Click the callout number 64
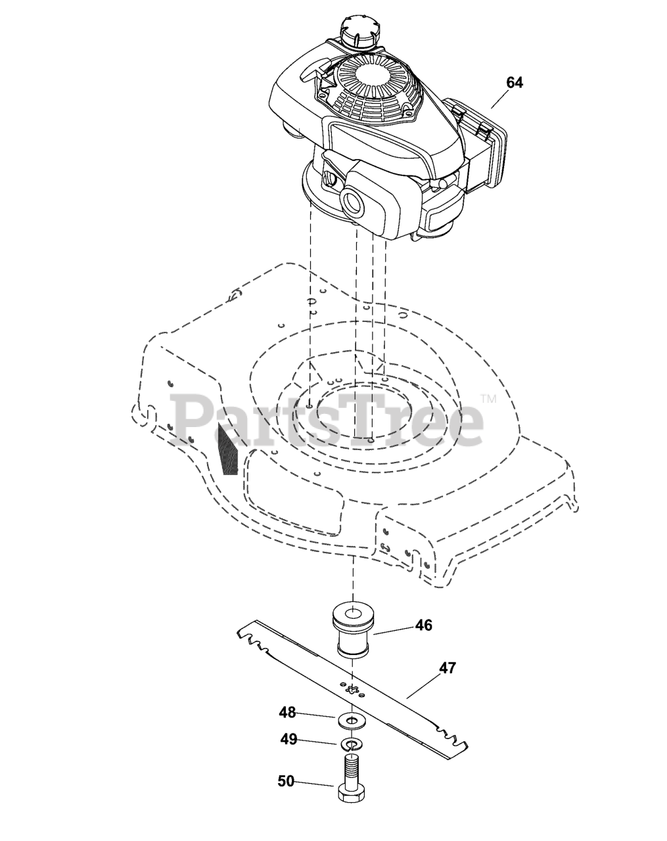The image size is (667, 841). [514, 83]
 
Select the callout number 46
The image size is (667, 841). [424, 625]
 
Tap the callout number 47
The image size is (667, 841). [448, 668]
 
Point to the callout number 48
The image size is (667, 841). [287, 712]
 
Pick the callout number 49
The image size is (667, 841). [289, 740]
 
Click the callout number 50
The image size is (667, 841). [286, 781]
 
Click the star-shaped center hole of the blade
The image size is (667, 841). [353, 689]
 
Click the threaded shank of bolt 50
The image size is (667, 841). [354, 766]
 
